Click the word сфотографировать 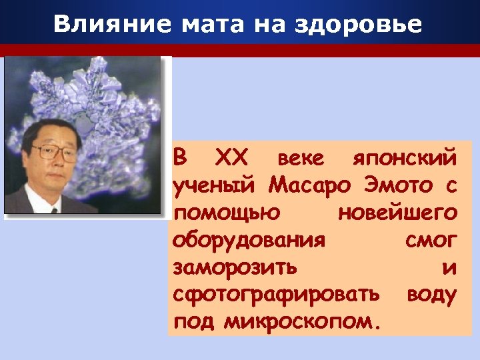277,295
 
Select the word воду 432,295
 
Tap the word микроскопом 303,323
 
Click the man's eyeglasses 56,153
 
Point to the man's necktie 55,208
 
